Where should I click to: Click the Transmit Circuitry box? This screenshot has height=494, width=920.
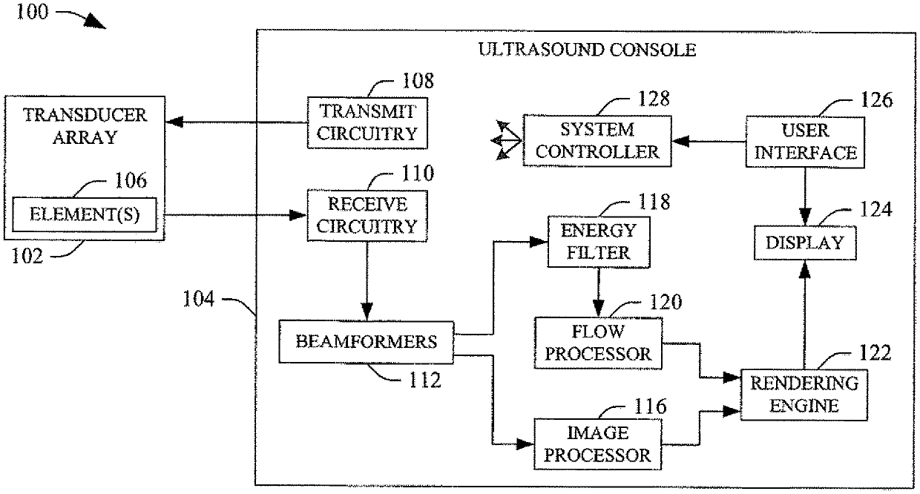(367, 123)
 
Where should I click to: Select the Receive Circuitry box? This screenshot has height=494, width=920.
(367, 216)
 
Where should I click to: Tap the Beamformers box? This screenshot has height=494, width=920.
(367, 342)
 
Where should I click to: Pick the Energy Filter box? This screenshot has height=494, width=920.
(599, 242)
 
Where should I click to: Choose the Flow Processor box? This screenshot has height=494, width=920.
(599, 343)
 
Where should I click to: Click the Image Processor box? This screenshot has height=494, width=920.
(598, 444)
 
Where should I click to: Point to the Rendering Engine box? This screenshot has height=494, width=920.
(804, 395)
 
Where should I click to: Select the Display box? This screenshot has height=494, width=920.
(805, 243)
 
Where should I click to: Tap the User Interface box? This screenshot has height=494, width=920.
(805, 142)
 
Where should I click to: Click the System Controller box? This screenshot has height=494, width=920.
(597, 141)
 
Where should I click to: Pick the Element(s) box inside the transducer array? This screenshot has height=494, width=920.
(85, 215)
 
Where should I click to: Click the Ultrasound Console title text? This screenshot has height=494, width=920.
(588, 50)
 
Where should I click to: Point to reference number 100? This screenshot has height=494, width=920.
(32, 12)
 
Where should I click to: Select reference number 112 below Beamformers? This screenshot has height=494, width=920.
(425, 381)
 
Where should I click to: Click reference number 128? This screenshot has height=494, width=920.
(654, 99)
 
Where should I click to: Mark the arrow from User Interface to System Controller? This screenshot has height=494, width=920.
(709, 142)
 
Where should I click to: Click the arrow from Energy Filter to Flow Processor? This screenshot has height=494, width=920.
(599, 292)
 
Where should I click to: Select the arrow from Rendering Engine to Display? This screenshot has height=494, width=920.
(804, 314)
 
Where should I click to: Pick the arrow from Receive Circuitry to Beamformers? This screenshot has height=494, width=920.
(367, 281)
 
